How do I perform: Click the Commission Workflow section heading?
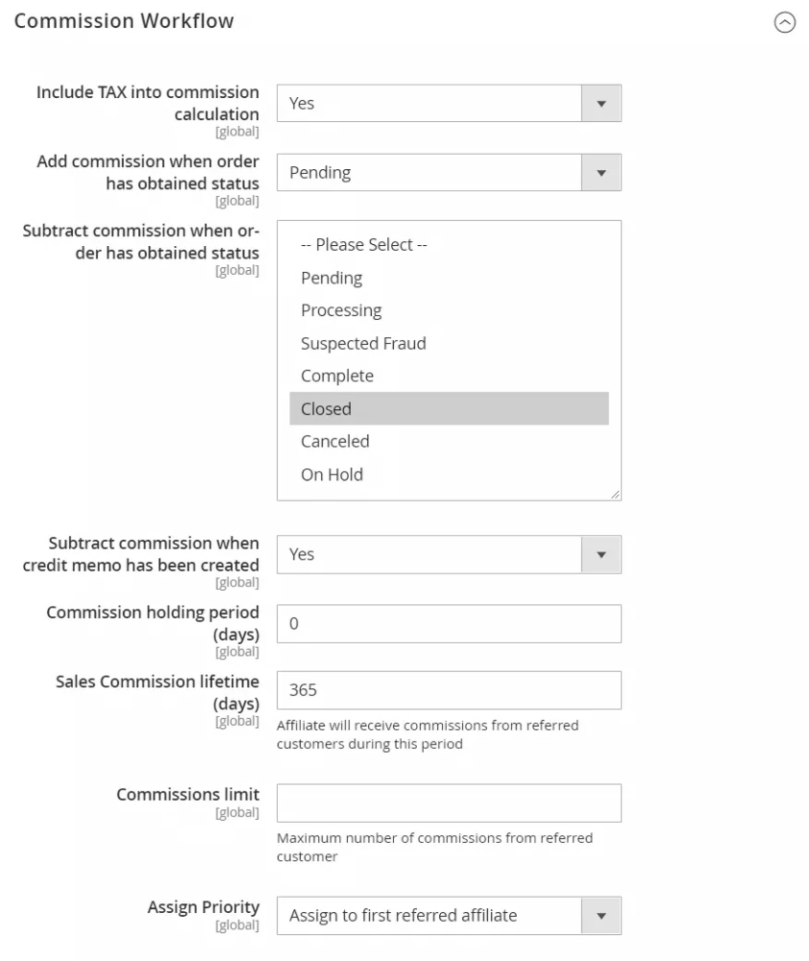(x=124, y=20)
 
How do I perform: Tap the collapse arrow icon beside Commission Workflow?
(x=785, y=24)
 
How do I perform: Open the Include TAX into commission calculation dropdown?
(x=449, y=103)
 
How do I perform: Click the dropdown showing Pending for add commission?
(x=449, y=172)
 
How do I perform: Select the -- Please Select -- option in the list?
(x=363, y=245)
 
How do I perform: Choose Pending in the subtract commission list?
(x=331, y=278)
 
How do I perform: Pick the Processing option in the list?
(x=341, y=310)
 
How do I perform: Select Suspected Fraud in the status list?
(x=363, y=343)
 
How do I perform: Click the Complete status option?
(x=337, y=376)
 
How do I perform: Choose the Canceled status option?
(x=335, y=441)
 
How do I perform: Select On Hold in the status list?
(x=331, y=474)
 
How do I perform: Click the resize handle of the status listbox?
(x=615, y=494)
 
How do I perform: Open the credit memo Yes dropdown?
(x=449, y=554)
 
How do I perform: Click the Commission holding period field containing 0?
(x=449, y=624)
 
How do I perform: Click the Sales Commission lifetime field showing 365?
(x=449, y=690)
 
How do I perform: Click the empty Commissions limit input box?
(x=449, y=803)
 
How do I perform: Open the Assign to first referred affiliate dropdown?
(x=449, y=916)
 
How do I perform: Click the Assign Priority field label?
(x=203, y=907)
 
